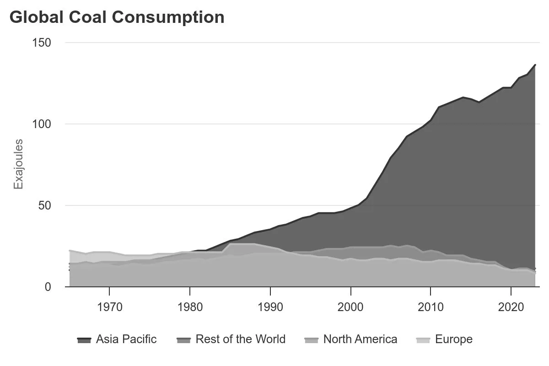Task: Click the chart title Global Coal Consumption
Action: pos(117,17)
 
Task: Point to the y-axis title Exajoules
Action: pos(18,164)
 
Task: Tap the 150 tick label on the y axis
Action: pos(42,43)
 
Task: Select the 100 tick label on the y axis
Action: pos(42,124)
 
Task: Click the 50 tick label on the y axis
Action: pos(44,205)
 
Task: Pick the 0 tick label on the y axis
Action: pos(48,287)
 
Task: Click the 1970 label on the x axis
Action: pos(109,306)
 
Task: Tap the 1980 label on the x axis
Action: pos(190,306)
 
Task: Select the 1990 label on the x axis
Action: pos(270,306)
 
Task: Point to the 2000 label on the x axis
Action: pos(351,306)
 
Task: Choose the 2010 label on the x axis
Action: pos(431,306)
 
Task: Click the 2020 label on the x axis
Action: pos(511,306)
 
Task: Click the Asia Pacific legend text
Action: pos(126,339)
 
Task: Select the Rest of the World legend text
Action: pos(240,339)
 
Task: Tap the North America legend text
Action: pos(360,339)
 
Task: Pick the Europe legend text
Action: pos(453,339)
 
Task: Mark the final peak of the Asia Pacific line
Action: pos(535,65)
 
